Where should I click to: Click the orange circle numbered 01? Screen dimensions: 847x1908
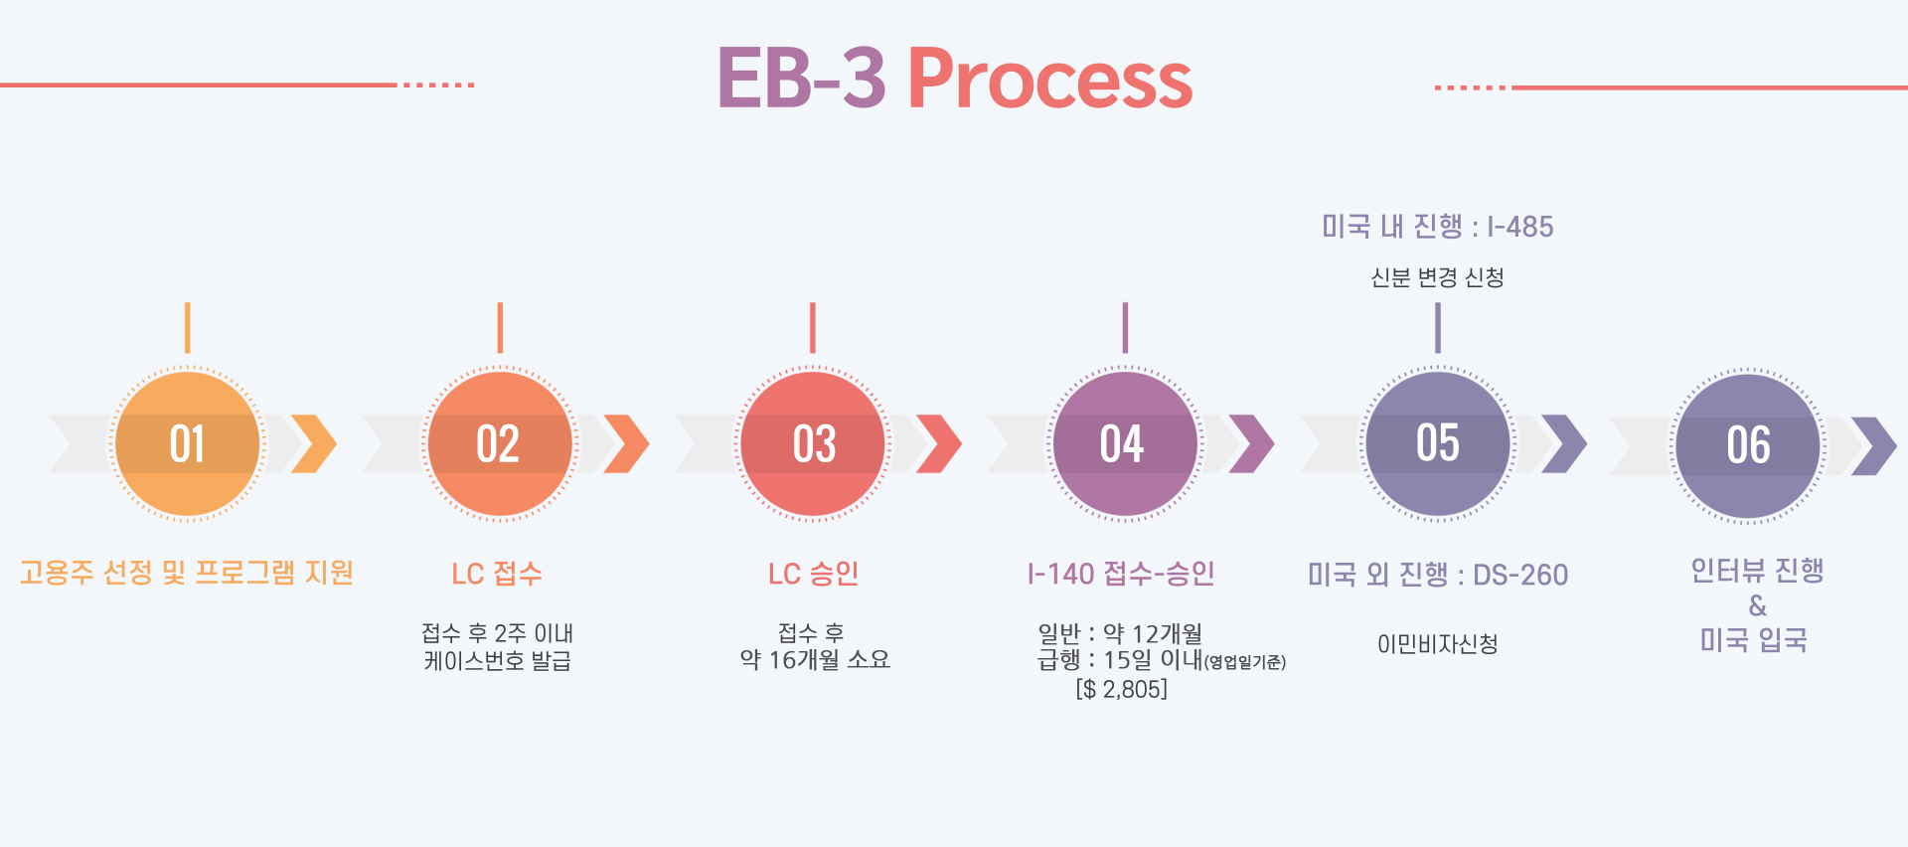(187, 443)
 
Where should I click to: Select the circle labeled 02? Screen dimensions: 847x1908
(499, 443)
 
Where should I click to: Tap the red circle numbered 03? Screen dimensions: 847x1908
(813, 443)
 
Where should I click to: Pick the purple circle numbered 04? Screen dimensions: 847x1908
(1124, 443)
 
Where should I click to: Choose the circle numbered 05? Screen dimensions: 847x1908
(1437, 443)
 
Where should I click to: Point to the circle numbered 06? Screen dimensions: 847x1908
(1748, 444)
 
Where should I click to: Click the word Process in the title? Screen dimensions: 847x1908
(1049, 79)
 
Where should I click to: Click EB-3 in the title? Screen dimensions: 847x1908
(800, 79)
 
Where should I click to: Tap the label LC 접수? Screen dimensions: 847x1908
(497, 574)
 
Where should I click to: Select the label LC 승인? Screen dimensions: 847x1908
(813, 574)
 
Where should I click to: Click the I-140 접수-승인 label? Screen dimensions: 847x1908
(1121, 574)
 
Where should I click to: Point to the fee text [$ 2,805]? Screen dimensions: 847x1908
(1121, 689)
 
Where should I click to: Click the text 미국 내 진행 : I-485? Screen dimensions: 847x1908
(1437, 227)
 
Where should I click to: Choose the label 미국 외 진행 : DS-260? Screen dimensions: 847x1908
(1437, 575)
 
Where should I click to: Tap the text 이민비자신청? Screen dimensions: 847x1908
(1437, 644)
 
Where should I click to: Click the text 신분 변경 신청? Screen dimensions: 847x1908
(1437, 277)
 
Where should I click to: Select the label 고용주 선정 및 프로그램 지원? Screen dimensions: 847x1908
(187, 573)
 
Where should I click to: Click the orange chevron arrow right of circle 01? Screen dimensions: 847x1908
(314, 443)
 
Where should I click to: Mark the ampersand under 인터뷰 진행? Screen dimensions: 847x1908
(1757, 605)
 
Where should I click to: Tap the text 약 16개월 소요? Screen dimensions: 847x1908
(815, 659)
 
